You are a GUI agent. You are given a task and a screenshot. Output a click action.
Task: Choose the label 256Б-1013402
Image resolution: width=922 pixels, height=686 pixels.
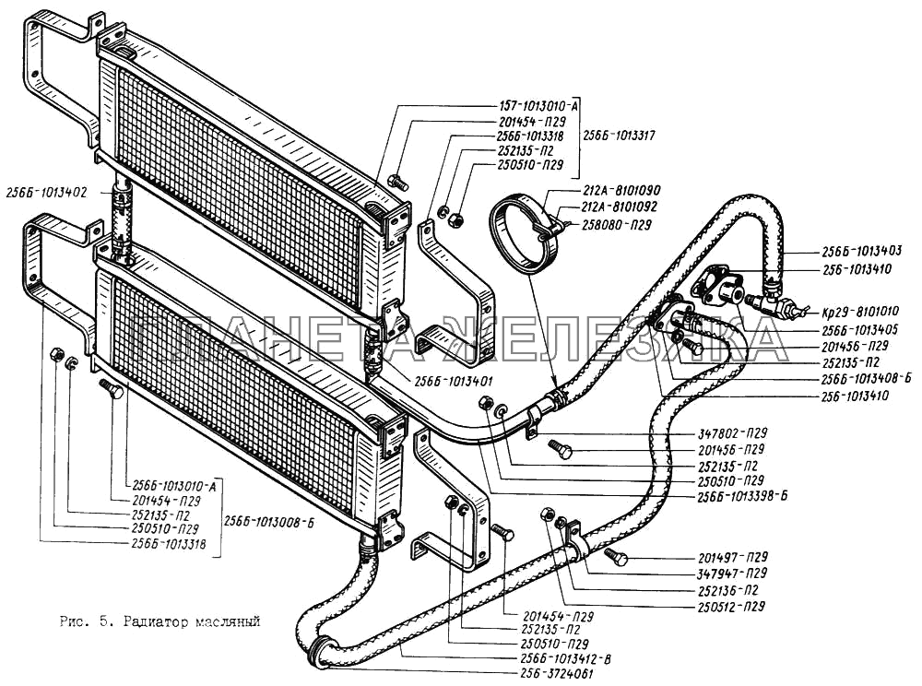45,193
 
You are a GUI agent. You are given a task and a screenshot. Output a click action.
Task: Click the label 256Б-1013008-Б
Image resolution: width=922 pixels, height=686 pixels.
269,521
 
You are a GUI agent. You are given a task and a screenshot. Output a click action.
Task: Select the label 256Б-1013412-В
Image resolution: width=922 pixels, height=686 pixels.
566,659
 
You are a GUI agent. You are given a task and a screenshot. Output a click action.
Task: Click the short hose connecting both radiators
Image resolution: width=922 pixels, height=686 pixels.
121,218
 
